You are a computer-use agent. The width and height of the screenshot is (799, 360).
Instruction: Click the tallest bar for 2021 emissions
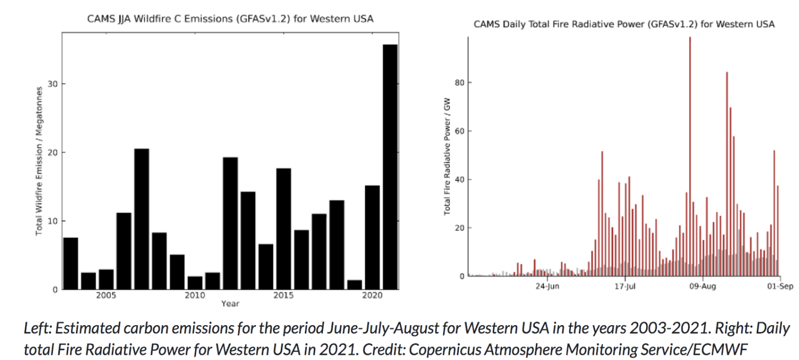point(390,166)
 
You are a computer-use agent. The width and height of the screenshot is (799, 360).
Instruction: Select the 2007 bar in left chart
point(141,218)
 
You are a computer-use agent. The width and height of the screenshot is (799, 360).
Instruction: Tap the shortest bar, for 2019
point(354,285)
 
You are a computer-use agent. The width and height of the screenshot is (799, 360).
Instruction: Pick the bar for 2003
point(71,263)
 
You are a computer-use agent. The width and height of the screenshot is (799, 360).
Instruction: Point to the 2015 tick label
point(283,296)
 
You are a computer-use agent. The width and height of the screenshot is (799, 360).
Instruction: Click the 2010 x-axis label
point(195,296)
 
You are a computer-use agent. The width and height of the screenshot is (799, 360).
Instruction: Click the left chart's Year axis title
point(230,303)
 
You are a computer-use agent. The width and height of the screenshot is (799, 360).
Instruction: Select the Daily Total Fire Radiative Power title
point(624,24)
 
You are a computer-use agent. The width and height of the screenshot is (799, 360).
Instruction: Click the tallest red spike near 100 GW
point(690,156)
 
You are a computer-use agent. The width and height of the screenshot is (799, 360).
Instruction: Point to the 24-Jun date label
point(547,286)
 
